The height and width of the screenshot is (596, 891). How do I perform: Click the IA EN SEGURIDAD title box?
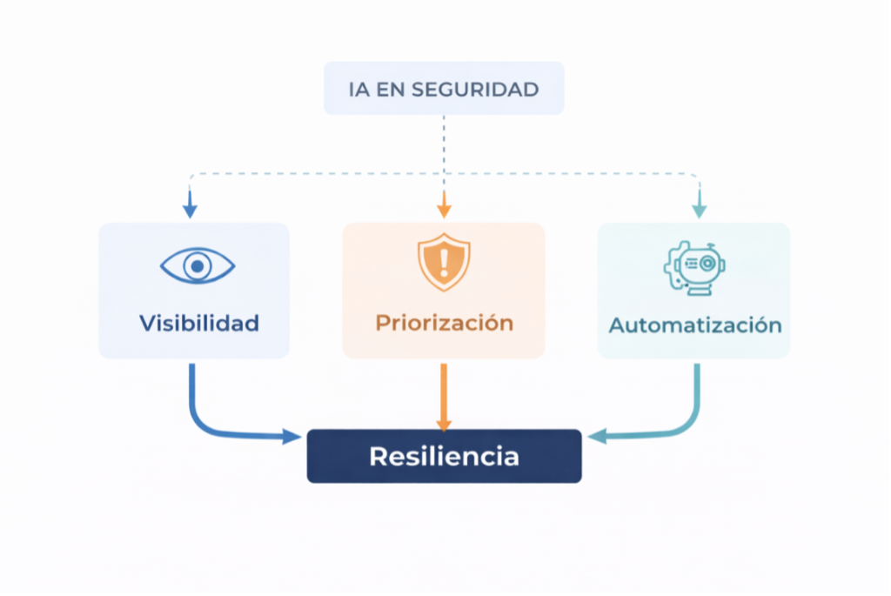pos(444,88)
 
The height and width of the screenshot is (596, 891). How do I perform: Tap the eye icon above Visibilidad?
pos(198,265)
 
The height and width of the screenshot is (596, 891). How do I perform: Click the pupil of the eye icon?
pos(198,265)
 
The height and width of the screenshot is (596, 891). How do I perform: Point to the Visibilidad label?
pos(199,324)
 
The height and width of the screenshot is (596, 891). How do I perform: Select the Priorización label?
pos(444,324)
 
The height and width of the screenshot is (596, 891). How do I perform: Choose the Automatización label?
pos(694,325)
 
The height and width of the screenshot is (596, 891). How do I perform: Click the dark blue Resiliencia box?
pos(444,456)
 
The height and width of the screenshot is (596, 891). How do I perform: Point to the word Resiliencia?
pos(444,456)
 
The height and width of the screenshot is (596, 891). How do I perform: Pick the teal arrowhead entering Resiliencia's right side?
pos(597,436)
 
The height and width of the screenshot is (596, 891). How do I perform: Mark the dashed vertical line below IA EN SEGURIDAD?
pos(444,144)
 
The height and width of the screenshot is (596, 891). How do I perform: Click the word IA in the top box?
pos(357,90)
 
